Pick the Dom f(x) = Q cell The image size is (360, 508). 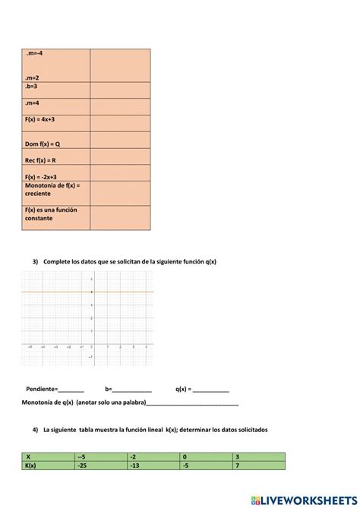pyautogui.click(x=43, y=144)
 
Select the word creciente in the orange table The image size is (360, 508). pyautogui.click(x=38, y=194)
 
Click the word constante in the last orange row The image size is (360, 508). pyautogui.click(x=39, y=218)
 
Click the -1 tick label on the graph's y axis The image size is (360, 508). pyautogui.click(x=90, y=356)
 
